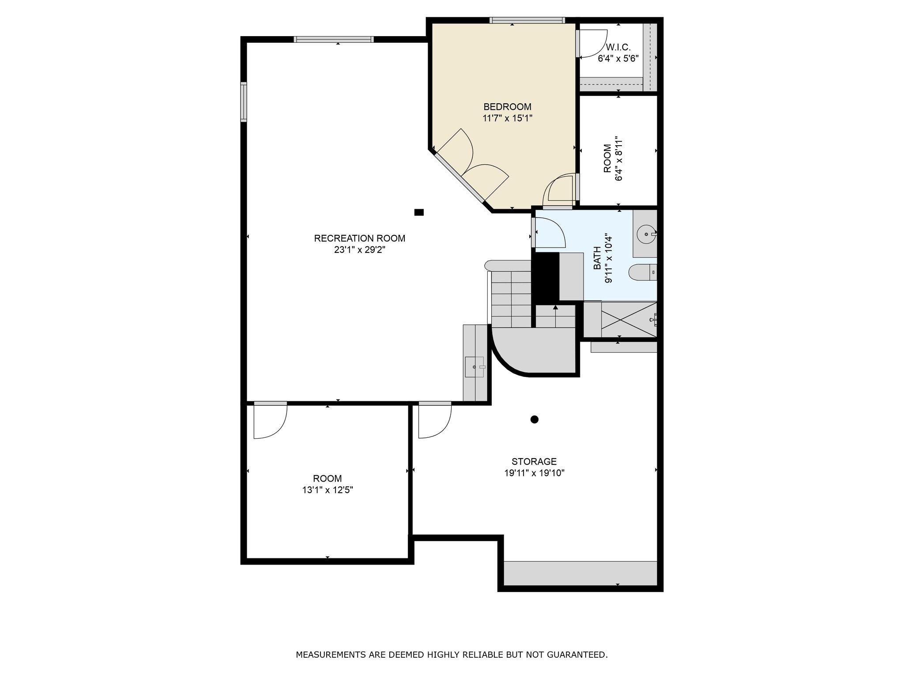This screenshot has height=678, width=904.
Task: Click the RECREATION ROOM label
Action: coord(359,238)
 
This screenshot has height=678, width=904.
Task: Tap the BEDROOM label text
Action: coord(507,107)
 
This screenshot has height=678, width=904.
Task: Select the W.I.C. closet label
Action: coord(618,47)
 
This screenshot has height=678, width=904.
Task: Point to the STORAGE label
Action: coord(534,462)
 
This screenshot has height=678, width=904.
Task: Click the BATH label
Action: coord(597,258)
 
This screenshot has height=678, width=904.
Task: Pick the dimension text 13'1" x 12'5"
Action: coord(328,490)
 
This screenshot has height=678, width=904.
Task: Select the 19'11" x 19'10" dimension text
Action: coord(535,473)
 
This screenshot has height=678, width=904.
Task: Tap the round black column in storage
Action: coord(535,419)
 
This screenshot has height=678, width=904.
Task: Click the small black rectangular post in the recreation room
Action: coord(419,212)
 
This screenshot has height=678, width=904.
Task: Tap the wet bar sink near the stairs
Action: coord(474,367)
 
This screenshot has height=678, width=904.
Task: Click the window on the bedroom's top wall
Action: coord(527,20)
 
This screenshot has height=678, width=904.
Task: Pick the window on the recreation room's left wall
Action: coord(244,102)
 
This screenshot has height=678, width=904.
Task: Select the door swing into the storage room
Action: coord(435,422)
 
